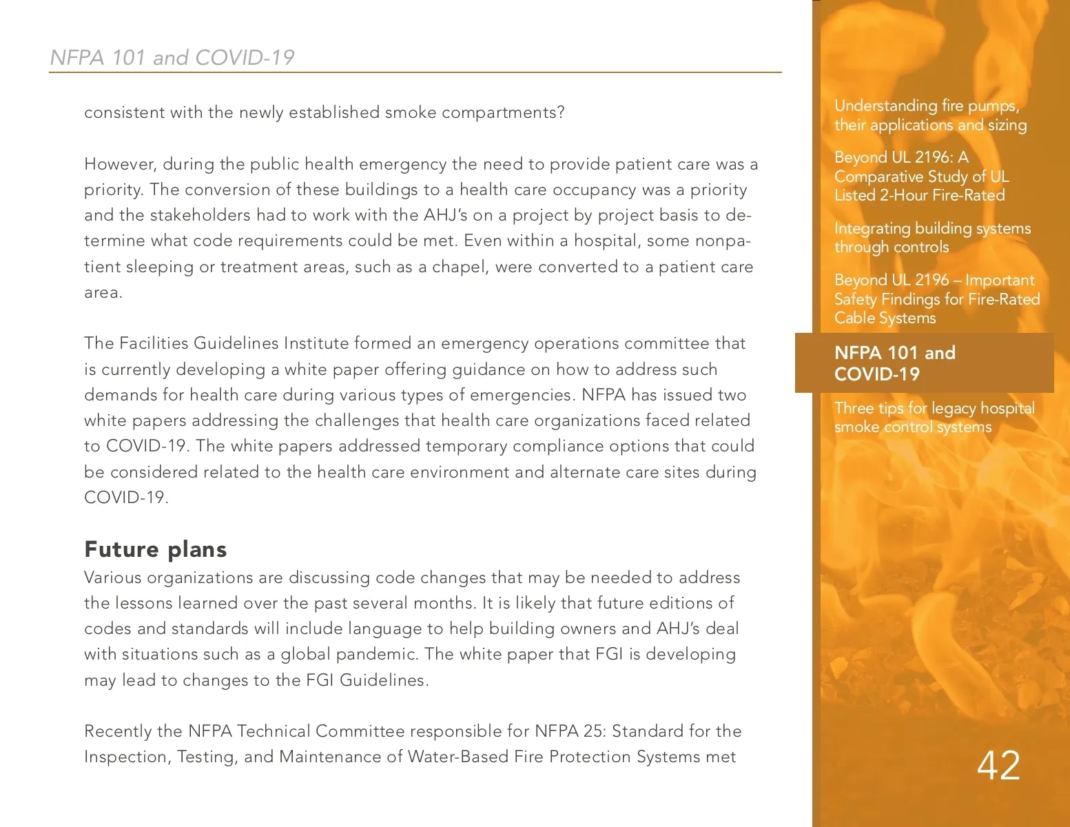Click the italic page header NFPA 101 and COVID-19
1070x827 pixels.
(x=172, y=57)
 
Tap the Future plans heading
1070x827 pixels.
(x=155, y=549)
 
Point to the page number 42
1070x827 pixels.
(x=998, y=765)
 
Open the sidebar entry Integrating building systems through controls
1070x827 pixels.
(x=932, y=238)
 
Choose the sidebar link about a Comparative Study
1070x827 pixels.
(x=920, y=176)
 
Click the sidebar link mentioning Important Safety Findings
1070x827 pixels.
(x=936, y=298)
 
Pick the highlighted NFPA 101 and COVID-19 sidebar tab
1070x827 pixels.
(x=924, y=363)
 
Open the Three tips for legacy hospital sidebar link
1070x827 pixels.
(x=934, y=417)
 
